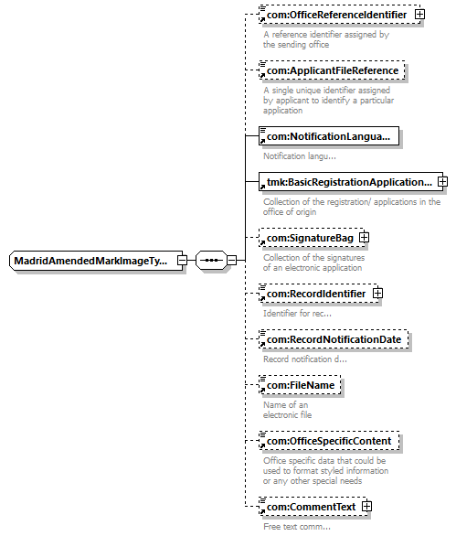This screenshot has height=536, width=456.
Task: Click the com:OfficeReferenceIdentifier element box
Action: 340,15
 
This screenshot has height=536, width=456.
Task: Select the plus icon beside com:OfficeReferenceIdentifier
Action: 419,15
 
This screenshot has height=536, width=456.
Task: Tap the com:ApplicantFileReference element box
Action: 332,70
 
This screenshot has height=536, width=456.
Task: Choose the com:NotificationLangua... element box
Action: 329,136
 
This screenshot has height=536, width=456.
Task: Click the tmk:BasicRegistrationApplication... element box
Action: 351,182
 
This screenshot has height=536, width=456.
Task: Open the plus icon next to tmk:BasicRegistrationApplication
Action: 442,181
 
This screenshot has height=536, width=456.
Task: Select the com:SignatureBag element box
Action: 312,238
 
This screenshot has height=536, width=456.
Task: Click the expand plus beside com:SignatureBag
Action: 364,237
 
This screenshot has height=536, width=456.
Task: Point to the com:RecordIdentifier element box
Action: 318,294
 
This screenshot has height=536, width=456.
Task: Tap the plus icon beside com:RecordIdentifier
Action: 377,293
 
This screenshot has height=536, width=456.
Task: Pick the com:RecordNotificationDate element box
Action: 334,339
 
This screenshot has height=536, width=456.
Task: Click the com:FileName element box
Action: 300,385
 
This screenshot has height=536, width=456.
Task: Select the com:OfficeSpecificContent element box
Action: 329,441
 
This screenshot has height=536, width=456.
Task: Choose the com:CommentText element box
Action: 313,507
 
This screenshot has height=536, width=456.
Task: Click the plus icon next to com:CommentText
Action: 366,506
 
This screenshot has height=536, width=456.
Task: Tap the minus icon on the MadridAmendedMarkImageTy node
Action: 183,261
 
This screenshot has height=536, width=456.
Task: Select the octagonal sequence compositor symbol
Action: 211,261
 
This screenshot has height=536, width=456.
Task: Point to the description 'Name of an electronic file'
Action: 287,410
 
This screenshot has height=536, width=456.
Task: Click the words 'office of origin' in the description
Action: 290,212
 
